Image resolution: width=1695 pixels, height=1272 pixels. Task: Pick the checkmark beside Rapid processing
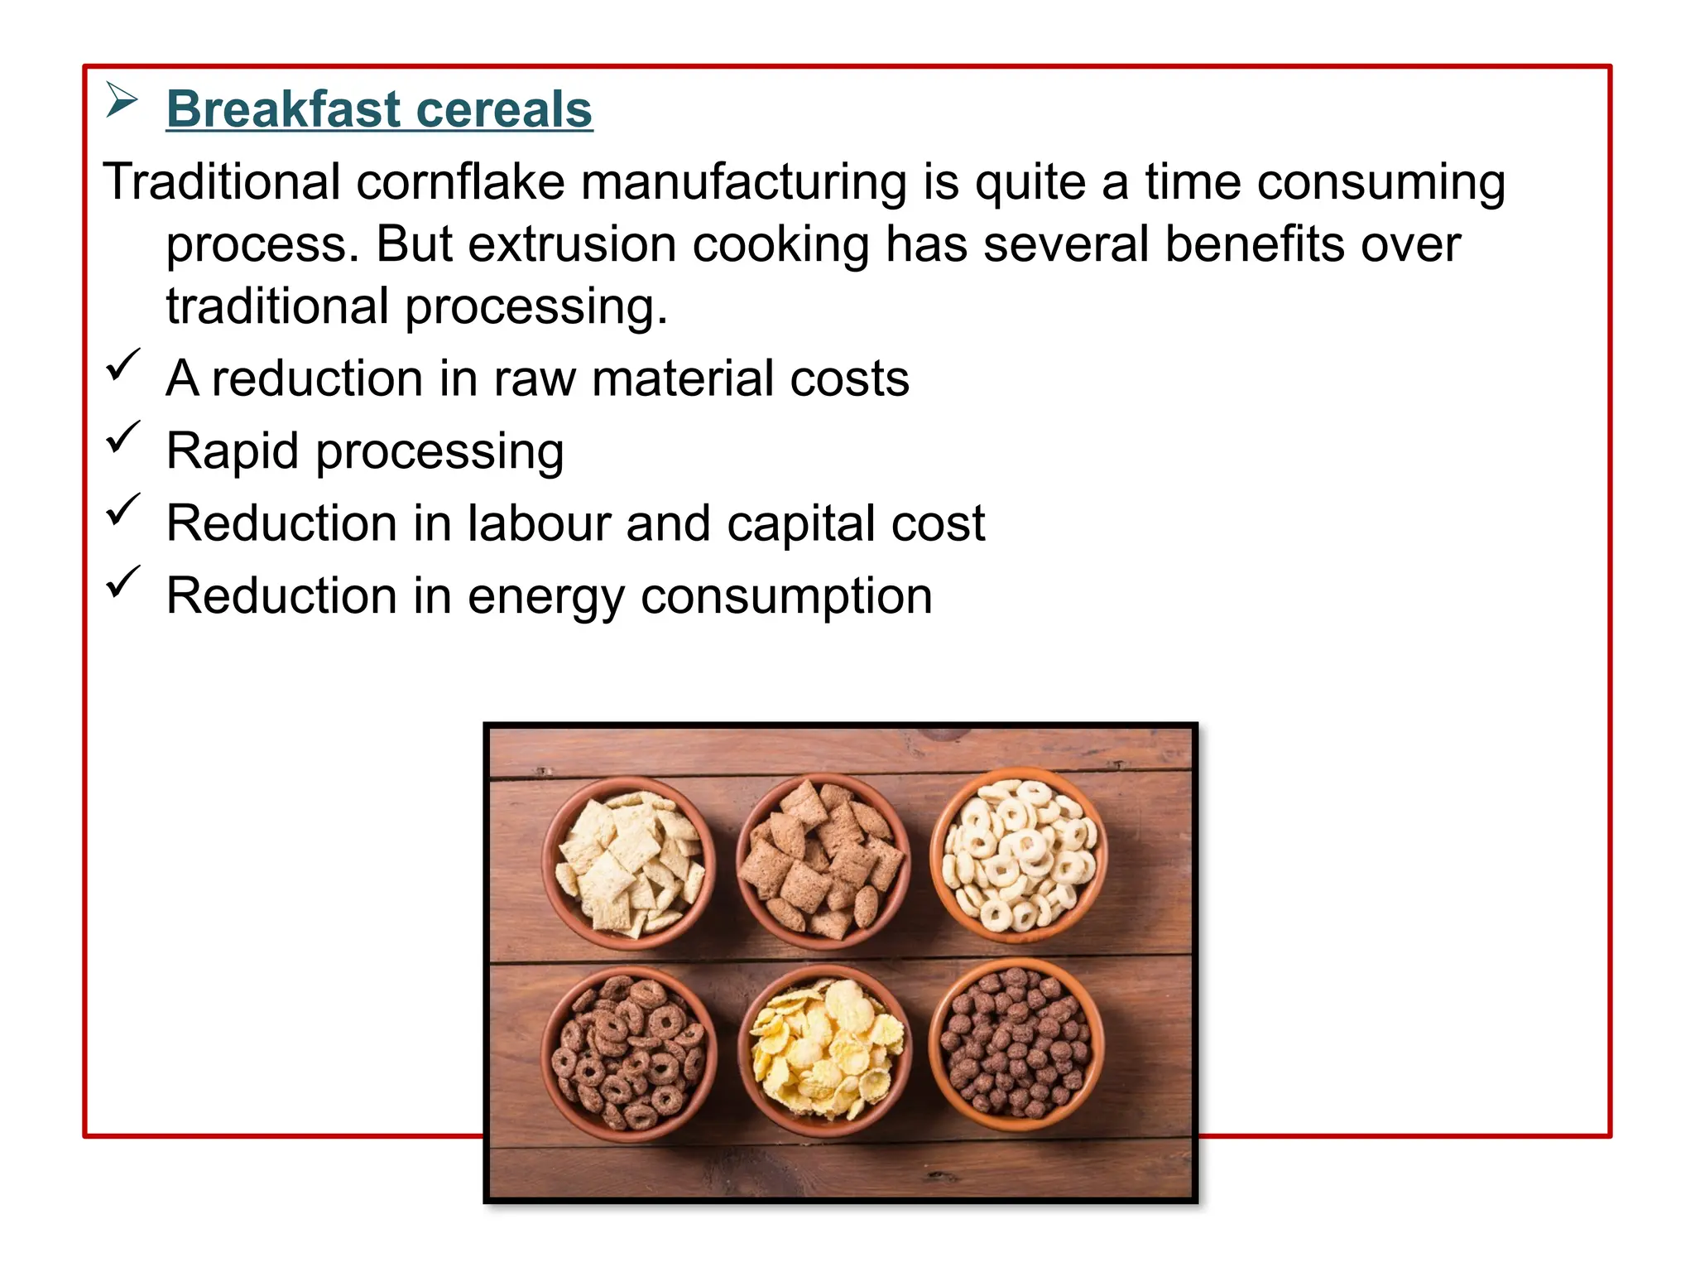tap(122, 438)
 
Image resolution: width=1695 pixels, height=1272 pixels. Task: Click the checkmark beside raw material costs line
tap(122, 365)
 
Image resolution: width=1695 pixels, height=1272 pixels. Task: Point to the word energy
tap(546, 596)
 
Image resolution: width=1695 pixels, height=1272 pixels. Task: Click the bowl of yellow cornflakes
tap(824, 1048)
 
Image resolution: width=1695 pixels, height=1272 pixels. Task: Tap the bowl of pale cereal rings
tap(1018, 855)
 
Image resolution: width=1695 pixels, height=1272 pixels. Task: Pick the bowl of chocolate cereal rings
tap(629, 1052)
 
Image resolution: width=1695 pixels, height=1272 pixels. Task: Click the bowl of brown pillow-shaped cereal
tap(823, 860)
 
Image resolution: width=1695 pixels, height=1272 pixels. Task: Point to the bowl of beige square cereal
tap(629, 861)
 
